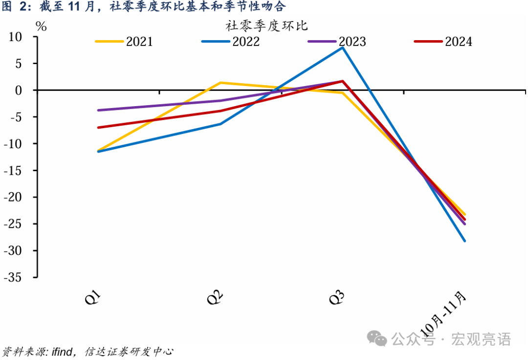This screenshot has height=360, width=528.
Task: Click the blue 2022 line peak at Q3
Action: click(x=342, y=47)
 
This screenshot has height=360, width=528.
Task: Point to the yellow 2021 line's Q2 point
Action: click(x=220, y=83)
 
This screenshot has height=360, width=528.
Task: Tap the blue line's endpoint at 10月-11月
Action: click(x=464, y=241)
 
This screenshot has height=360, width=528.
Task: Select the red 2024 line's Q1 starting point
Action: click(x=98, y=128)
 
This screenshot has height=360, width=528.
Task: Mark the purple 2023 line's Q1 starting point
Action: click(x=98, y=110)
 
